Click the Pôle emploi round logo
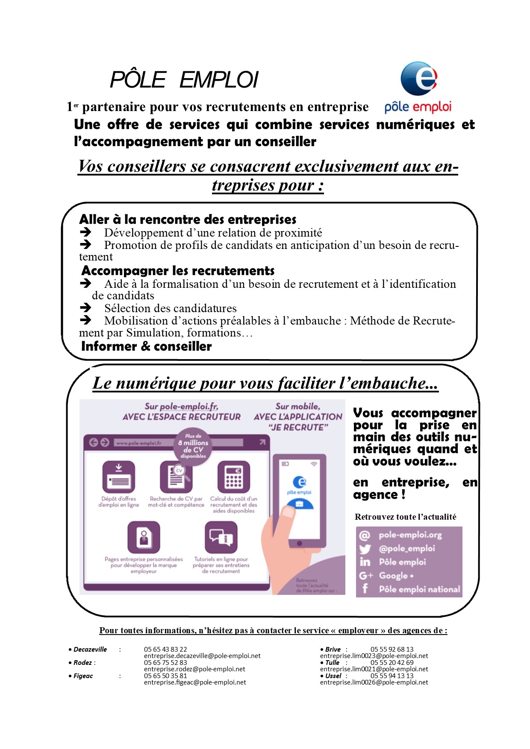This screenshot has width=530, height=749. (419, 79)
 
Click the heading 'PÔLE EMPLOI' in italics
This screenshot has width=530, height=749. (184, 80)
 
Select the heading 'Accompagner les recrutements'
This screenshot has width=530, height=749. (178, 271)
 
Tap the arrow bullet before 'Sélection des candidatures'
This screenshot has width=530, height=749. (85, 307)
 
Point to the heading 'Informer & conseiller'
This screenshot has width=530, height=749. (146, 346)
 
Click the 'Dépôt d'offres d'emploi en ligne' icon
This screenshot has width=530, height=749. (119, 477)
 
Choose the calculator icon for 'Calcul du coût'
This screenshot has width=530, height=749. (233, 477)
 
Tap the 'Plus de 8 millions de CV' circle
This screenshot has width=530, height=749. (193, 446)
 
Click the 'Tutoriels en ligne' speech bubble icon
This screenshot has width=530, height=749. (221, 537)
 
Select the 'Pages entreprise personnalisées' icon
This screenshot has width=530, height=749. (144, 537)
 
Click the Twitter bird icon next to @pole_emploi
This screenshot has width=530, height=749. (365, 549)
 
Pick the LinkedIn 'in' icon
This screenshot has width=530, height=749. (365, 562)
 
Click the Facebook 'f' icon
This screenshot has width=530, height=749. (365, 589)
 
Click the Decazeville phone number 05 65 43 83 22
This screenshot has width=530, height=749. (165, 649)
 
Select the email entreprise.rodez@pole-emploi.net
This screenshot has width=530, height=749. (194, 669)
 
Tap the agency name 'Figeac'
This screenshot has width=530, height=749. (83, 676)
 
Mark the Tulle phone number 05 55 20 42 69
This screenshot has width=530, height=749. (392, 663)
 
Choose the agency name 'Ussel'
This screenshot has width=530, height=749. (333, 676)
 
